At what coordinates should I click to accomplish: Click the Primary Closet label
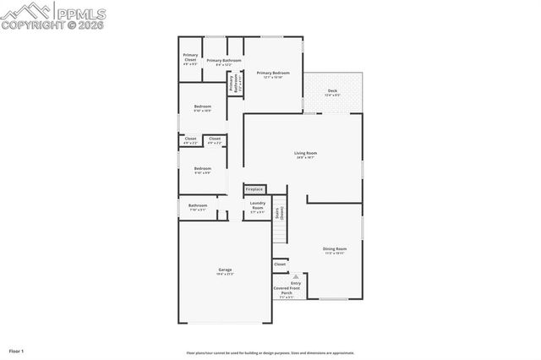point(190,58)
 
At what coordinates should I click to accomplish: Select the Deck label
point(332,92)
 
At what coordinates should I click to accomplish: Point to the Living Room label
point(304,155)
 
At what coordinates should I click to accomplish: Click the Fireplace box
point(254,189)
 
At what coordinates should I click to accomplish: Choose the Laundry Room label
point(258,207)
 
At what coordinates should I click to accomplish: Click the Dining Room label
point(335,250)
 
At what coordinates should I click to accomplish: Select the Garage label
point(225,271)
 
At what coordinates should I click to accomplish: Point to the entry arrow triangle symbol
point(296,275)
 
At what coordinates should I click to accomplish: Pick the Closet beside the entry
point(280,265)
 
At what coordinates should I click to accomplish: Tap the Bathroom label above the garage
point(198,206)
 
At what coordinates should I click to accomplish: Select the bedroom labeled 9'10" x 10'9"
point(203,108)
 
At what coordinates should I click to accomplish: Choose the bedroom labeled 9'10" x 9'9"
point(203,169)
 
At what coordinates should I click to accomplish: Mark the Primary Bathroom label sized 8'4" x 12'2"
point(224,62)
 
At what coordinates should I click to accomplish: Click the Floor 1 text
point(16,349)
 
